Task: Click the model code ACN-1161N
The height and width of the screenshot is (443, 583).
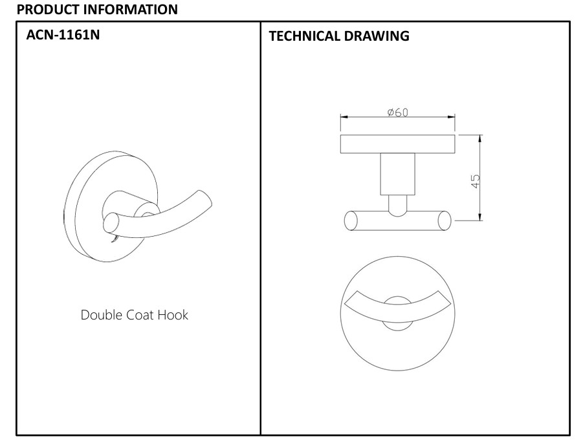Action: coord(63,34)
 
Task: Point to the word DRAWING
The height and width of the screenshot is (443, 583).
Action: coord(377,36)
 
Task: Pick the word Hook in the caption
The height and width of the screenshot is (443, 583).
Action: coord(173,315)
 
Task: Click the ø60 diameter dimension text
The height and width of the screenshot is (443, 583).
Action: coord(397,112)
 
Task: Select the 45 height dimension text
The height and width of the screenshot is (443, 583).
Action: coord(475,181)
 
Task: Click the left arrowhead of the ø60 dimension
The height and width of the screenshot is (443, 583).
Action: coord(344,117)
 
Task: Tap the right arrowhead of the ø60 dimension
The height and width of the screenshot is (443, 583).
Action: coord(451,117)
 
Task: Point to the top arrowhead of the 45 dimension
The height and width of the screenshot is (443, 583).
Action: coord(480,138)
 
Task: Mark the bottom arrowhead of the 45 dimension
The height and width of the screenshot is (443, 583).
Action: coord(480,217)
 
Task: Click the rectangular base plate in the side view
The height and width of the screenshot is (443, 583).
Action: coord(397,144)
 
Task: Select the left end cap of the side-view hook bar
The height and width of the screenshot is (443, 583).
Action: coord(351,221)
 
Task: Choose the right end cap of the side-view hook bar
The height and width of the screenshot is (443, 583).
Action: coord(445,221)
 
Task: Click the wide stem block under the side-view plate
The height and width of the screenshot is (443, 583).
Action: coord(397,174)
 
